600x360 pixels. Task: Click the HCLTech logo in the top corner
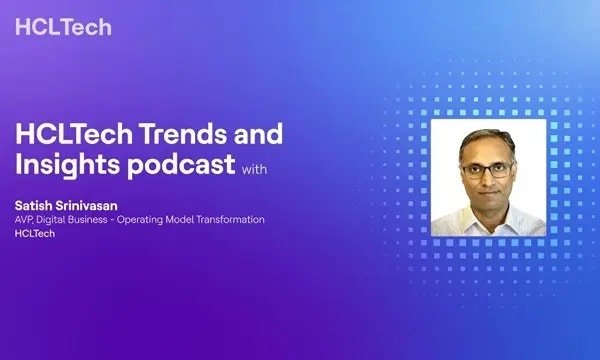63,26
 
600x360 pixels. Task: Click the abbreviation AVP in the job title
25,219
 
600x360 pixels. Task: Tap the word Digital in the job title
55,219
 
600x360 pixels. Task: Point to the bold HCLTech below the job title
35,234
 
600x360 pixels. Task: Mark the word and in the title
260,134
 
